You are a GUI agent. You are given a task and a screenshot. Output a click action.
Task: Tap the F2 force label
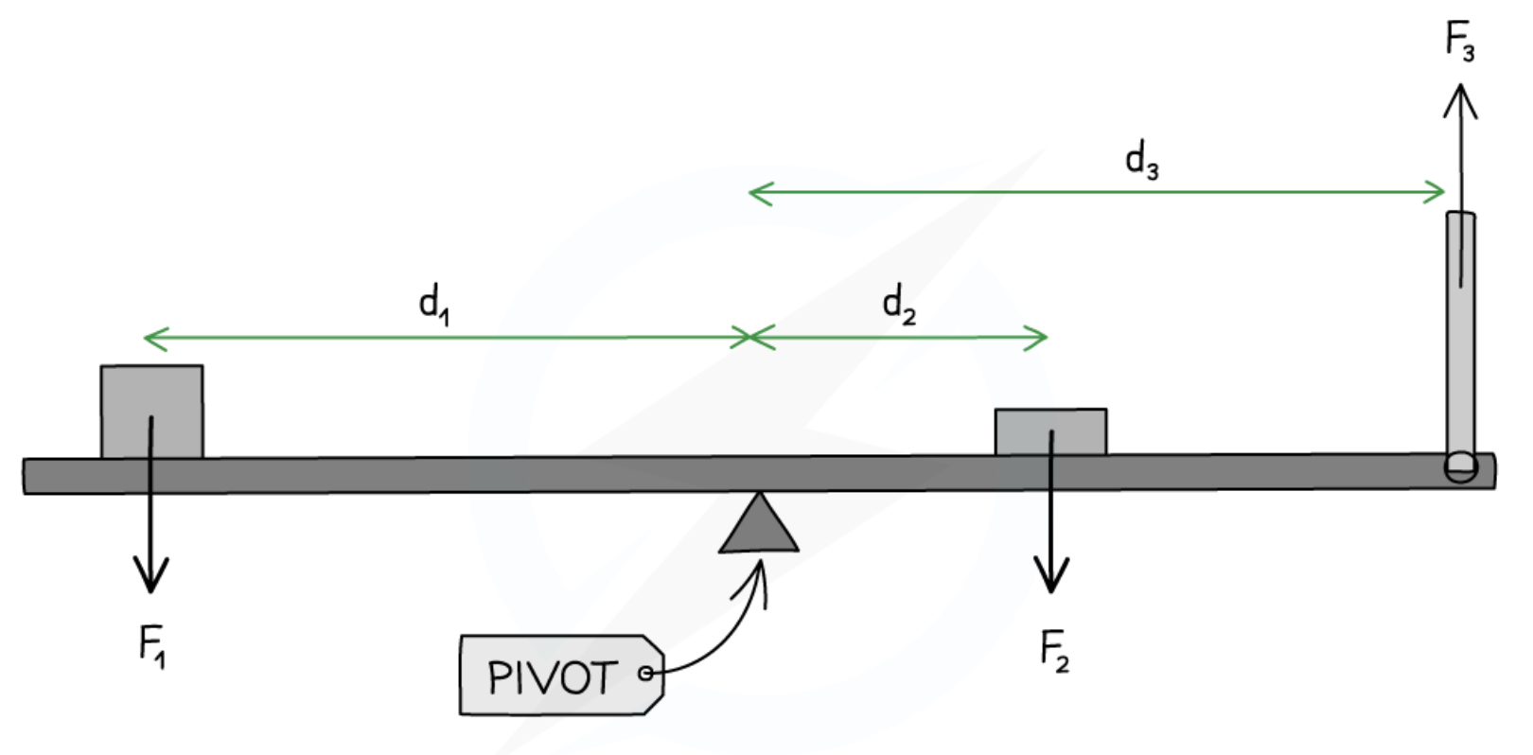pyautogui.click(x=1053, y=652)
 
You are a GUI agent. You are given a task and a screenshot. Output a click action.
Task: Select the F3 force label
pyautogui.click(x=1459, y=42)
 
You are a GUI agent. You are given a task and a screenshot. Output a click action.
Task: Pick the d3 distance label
pyautogui.click(x=1141, y=161)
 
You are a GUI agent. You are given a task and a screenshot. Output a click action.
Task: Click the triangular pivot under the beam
pyautogui.click(x=759, y=526)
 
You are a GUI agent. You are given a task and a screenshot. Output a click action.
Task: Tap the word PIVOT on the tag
pyautogui.click(x=552, y=677)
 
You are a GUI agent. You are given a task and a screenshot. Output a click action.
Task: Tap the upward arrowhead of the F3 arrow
pyautogui.click(x=1461, y=95)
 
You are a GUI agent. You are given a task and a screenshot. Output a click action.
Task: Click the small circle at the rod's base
pyautogui.click(x=1460, y=466)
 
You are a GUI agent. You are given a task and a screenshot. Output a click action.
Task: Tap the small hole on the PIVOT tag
pyautogui.click(x=645, y=674)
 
